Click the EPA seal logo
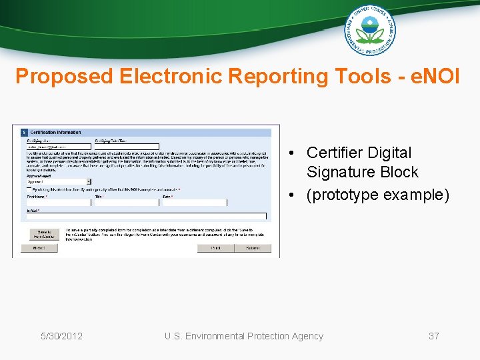point(369,31)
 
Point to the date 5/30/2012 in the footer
point(61,336)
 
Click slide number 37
point(433,336)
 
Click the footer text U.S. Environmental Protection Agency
point(243,336)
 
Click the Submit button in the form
point(253,248)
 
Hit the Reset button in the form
point(39,248)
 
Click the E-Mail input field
point(146,216)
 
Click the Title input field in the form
point(126,203)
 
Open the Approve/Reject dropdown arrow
point(89,181)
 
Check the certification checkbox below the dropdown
point(28,189)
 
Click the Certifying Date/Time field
point(126,147)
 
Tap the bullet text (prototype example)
point(377,195)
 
